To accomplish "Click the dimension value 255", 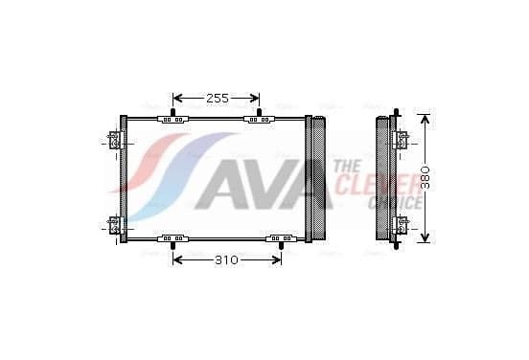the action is point(218,99).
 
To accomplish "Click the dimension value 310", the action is point(226,259).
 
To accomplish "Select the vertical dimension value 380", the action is point(425,177).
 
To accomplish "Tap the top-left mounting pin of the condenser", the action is point(173,113).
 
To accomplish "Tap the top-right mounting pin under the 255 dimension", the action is point(259,113).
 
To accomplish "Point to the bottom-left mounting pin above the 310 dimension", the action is point(173,246).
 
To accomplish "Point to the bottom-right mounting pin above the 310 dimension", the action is point(281,246).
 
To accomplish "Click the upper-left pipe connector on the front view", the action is point(114,140).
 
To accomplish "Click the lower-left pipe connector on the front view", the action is point(114,225).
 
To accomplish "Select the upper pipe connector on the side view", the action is point(402,140).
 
